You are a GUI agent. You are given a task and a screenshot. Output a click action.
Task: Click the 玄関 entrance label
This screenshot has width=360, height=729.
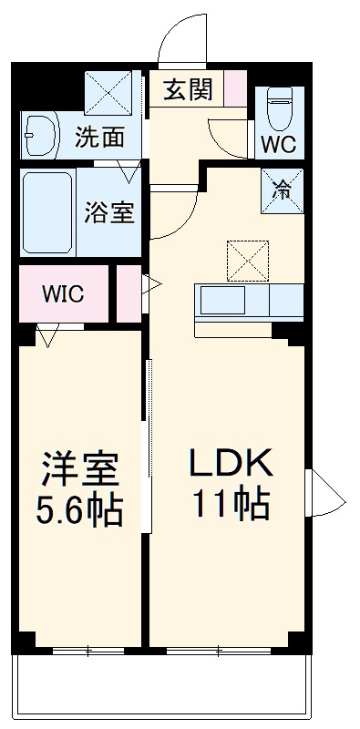pos(190,89)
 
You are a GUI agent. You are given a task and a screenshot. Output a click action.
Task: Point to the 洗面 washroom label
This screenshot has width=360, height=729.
pos(99,138)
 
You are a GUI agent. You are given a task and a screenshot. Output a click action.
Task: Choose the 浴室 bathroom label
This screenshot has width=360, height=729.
pos(110,212)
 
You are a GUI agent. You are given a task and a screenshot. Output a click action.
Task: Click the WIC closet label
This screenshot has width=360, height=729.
pos(63,294)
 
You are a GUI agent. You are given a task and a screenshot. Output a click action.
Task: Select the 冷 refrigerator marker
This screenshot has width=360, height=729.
pos(283,190)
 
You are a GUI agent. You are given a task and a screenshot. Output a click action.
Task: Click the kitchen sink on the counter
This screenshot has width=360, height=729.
pos(221,298)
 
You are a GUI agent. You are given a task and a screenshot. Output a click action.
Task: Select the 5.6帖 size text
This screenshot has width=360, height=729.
pos(81,512)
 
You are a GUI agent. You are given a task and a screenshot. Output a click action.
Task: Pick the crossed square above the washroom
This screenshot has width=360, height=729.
pos(108,91)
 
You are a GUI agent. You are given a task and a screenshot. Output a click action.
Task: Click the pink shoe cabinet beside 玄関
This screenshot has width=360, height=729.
pos(235,89)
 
